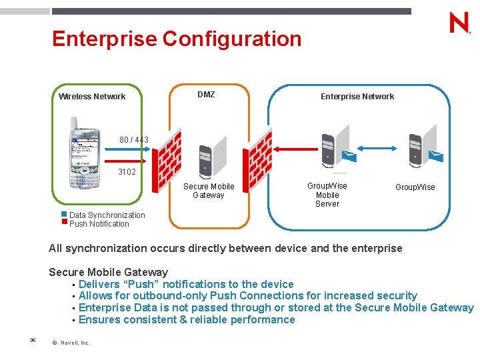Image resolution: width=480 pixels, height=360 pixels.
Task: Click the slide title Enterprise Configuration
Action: click(177, 39)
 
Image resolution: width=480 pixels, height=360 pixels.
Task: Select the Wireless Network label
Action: click(92, 97)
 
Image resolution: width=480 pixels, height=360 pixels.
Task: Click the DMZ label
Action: click(206, 95)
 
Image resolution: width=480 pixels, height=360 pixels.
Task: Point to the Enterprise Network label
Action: click(357, 97)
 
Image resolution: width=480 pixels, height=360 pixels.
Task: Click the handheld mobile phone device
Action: click(85, 153)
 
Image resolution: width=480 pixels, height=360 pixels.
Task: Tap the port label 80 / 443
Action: click(134, 140)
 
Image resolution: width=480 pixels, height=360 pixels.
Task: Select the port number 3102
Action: click(127, 172)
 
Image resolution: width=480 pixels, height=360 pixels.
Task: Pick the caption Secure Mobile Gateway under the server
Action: click(209, 191)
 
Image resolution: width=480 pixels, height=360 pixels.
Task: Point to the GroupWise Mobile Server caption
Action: click(327, 195)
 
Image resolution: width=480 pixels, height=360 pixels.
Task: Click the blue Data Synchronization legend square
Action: click(65, 214)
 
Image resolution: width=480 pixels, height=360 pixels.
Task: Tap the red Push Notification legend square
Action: click(65, 221)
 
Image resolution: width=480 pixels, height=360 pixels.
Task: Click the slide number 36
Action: click(32, 340)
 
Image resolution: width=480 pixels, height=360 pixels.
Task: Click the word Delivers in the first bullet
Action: click(101, 284)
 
